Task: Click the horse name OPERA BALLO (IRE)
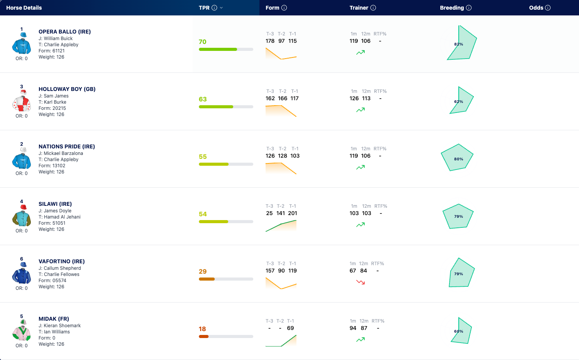tap(65, 32)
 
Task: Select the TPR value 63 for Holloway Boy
tap(203, 99)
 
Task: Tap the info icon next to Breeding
tap(469, 8)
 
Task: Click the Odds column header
tap(536, 8)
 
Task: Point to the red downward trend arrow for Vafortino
tap(360, 282)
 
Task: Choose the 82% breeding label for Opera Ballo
tap(459, 44)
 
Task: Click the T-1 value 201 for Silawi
tap(292, 213)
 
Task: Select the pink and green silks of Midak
tap(22, 330)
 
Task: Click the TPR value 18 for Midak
tap(202, 329)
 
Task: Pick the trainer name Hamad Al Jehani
tap(62, 217)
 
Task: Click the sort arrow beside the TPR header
tap(221, 8)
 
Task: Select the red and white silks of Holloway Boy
tap(22, 101)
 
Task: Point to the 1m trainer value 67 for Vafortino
tap(353, 271)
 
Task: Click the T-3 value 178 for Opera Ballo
tap(270, 41)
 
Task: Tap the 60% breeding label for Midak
tap(459, 331)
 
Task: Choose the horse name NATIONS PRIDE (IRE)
tap(67, 146)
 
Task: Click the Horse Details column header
tap(24, 8)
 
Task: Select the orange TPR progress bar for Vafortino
tap(207, 279)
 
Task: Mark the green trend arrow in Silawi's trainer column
tap(360, 225)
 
